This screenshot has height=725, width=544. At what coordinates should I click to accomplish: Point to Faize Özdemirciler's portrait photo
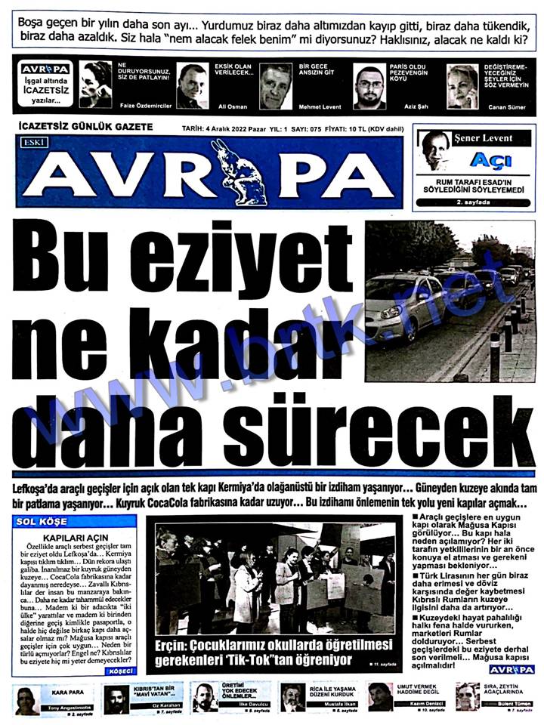[x=95, y=85]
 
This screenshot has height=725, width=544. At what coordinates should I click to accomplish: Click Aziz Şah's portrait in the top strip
[x=370, y=88]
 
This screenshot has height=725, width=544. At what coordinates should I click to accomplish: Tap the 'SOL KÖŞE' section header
[x=46, y=521]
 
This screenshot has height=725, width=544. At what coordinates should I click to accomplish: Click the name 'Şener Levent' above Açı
[x=483, y=139]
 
